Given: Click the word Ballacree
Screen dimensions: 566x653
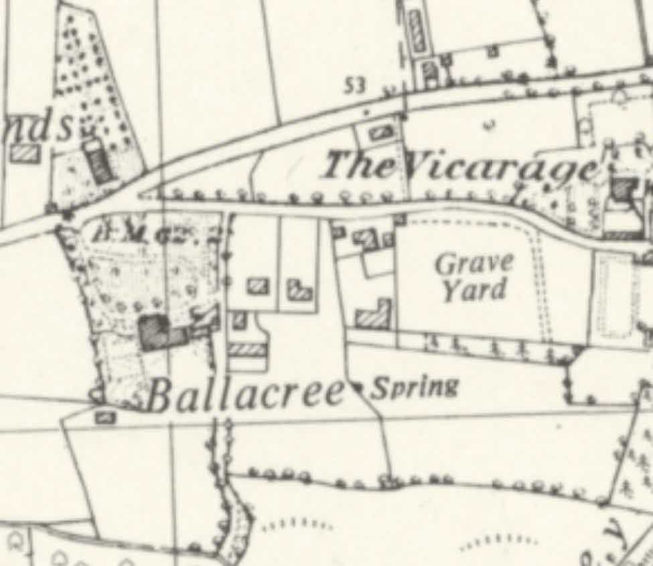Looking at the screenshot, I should [246, 394].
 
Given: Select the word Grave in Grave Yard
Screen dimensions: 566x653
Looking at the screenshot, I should [474, 264].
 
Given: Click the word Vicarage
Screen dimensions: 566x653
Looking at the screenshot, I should [502, 167].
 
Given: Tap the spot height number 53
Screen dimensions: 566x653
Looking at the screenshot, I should [357, 85].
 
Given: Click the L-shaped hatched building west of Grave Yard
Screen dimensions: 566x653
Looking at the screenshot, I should [374, 315].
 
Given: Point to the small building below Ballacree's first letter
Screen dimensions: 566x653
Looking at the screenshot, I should [104, 418].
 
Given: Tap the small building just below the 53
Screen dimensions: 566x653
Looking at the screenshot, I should [380, 131].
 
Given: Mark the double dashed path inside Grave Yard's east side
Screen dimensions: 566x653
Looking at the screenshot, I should [540, 281].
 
